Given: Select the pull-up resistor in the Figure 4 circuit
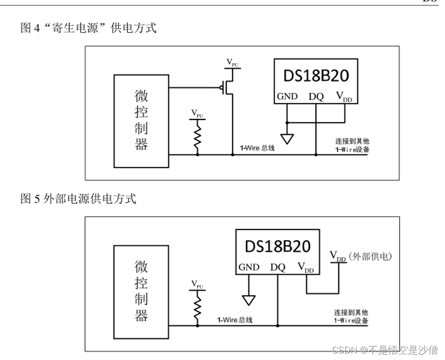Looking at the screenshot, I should [197, 138].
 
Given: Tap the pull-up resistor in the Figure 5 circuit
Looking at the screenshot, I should [197, 307].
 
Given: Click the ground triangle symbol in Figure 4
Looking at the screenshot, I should [287, 138].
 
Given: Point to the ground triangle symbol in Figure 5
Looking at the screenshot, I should [248, 300].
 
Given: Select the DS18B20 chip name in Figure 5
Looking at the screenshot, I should [277, 246].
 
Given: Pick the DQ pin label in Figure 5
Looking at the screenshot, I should [278, 267].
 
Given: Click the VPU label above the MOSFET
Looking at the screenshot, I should [232, 62].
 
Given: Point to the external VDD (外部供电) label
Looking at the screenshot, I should [361, 256].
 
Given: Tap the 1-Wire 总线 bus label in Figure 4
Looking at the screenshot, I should [258, 148].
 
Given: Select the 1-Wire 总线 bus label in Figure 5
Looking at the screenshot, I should [235, 320].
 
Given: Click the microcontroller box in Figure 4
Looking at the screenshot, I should [141, 121].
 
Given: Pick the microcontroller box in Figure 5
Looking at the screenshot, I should [141, 291].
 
